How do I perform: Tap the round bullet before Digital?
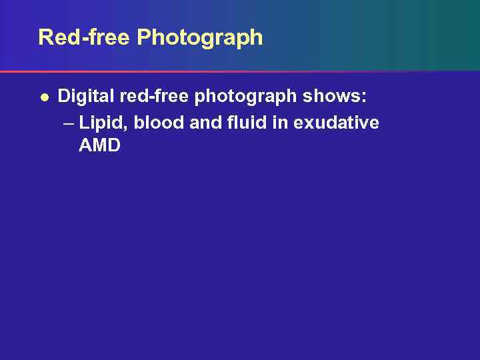pos(43,97)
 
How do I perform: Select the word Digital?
pos(85,97)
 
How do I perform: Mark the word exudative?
pos(340,123)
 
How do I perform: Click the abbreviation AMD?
pos(99,145)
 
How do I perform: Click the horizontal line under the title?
pos(240,71)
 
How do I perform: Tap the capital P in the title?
pos(145,37)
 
